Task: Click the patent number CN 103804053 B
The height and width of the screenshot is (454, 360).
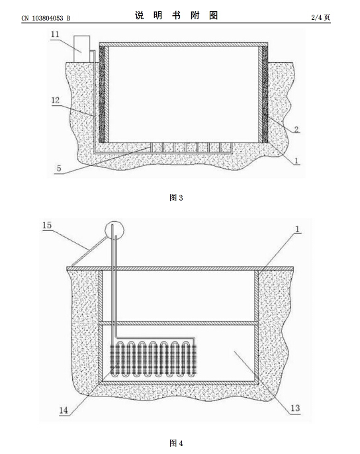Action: tap(46, 18)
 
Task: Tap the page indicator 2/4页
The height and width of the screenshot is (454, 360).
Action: tap(320, 17)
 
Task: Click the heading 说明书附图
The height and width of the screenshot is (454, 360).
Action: tap(177, 15)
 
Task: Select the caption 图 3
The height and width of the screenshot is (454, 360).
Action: tap(176, 198)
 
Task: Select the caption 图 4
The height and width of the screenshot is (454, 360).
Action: tap(176, 443)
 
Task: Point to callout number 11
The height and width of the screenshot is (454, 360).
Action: tap(55, 34)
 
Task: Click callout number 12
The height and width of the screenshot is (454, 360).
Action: tap(56, 100)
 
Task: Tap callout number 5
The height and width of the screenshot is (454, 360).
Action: tap(59, 169)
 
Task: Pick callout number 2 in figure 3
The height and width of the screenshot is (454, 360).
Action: tap(296, 129)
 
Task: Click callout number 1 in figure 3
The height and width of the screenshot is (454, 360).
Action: tap(296, 160)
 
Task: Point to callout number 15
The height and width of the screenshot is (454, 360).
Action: tap(47, 225)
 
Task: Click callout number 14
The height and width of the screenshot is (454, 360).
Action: tap(64, 410)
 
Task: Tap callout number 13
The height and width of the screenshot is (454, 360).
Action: tap(295, 408)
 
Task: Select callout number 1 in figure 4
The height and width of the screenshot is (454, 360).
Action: tap(297, 229)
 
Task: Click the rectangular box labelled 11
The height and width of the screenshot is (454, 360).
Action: tap(81, 49)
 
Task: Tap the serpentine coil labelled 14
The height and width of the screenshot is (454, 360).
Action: tap(154, 359)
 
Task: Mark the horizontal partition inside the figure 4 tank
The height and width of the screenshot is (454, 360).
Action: tap(178, 323)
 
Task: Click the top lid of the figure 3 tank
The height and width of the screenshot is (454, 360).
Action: tap(183, 44)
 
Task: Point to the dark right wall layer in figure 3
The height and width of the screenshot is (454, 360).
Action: tap(265, 94)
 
